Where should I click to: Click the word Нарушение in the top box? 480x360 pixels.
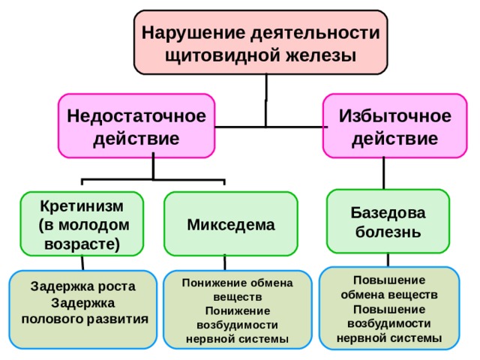[x=193, y=33]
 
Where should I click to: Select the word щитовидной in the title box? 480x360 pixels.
[x=222, y=56]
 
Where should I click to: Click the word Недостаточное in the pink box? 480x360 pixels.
[x=136, y=116]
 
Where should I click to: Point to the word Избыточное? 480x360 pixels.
[x=395, y=116]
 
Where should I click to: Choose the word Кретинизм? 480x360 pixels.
[x=82, y=206]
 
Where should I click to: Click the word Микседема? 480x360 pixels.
[x=231, y=225]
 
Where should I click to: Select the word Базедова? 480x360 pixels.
[x=388, y=212]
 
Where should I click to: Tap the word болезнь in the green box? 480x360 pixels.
[x=388, y=232]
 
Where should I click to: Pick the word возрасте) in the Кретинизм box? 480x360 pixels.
[x=82, y=244]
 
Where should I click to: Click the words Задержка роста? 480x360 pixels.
[x=83, y=286]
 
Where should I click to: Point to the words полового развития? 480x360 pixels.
[x=85, y=319]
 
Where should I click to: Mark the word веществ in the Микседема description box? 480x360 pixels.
[x=238, y=297]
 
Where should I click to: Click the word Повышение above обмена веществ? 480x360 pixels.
[x=389, y=280]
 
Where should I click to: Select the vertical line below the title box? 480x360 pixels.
[x=266, y=100]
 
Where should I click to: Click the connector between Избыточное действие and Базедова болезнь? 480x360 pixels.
[x=384, y=173]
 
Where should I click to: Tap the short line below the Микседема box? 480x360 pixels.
[x=225, y=262]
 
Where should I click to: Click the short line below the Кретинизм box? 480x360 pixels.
[x=82, y=262]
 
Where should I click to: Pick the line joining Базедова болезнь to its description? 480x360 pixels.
[x=388, y=260]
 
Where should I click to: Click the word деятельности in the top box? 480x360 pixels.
[x=315, y=33]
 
